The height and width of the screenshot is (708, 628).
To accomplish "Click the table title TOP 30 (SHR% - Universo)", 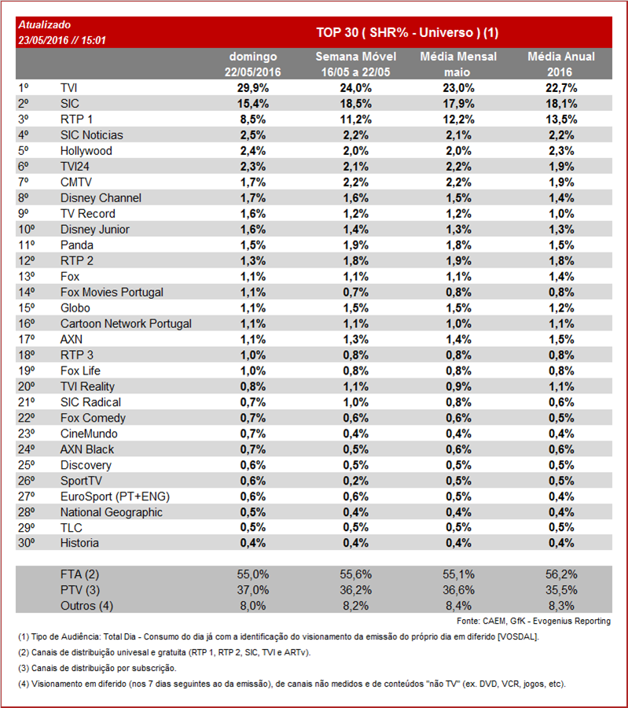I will coord(407,32).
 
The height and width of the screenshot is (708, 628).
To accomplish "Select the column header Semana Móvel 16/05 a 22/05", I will coord(355,64).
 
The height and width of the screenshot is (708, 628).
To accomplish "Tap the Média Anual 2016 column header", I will coord(561,64).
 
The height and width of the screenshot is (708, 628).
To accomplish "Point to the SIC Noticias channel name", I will coord(91,135).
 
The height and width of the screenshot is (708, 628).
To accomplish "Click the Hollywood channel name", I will coord(86,151).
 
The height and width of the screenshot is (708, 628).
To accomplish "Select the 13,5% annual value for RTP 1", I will coord(561,120).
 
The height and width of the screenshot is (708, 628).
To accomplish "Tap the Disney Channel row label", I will coord(101,198).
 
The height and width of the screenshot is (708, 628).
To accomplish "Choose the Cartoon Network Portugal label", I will coord(126,324).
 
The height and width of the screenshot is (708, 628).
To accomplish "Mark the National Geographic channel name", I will coord(112,512).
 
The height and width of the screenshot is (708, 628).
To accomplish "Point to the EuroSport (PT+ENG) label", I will coord(115,496).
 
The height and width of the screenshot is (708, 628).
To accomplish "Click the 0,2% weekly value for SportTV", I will coord(355,481).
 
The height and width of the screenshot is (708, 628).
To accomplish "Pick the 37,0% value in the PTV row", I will coord(253,590).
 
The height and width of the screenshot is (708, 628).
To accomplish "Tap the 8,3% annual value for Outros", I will coord(561,606).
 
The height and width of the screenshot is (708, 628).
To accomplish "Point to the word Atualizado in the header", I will coord(43,25).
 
